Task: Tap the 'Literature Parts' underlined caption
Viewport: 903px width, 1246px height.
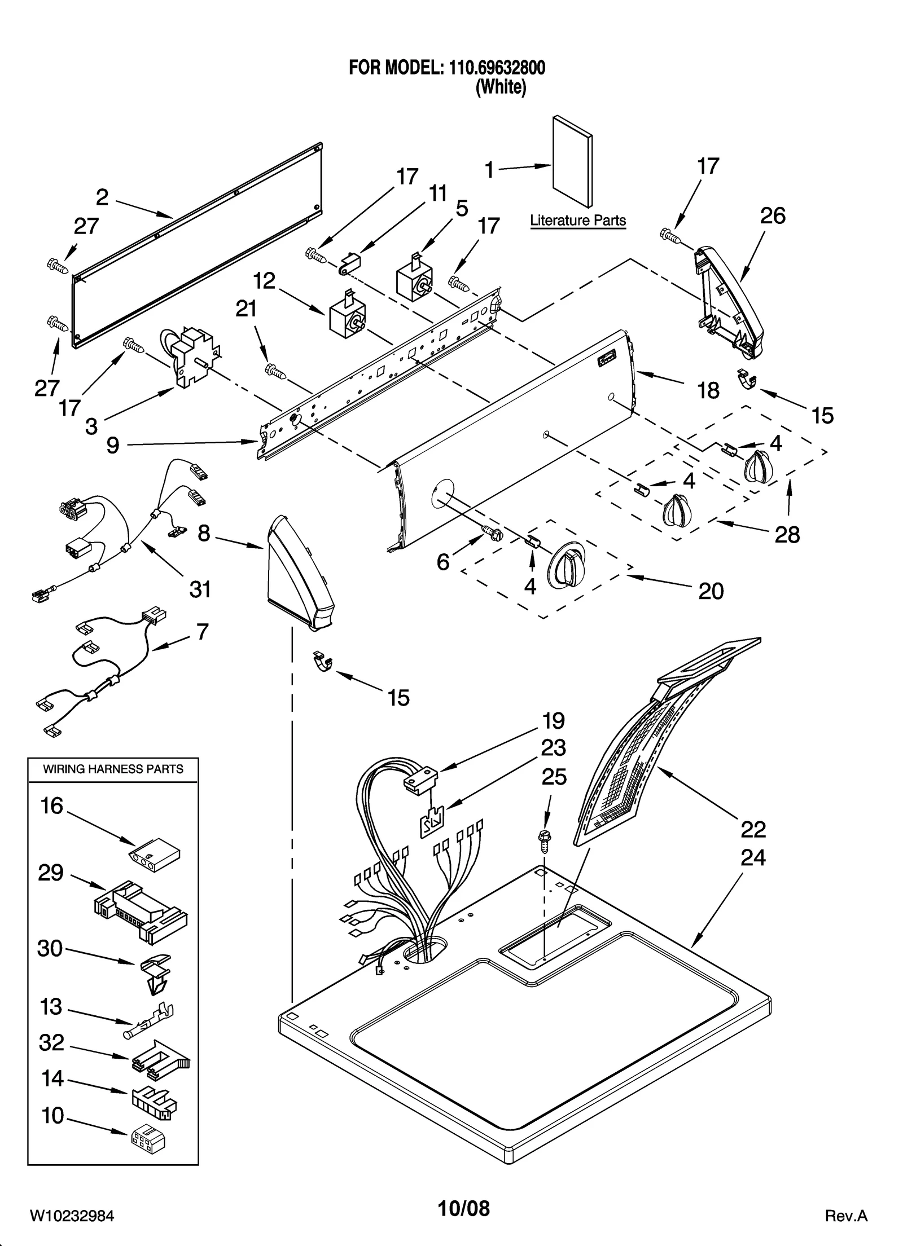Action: click(578, 221)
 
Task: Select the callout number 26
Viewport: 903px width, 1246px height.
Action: click(772, 216)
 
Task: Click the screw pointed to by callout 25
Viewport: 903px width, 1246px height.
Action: click(545, 839)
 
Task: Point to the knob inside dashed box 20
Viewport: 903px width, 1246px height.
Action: click(568, 565)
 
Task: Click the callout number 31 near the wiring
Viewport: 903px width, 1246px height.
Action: click(200, 589)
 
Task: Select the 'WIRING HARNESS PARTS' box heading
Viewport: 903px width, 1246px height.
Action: click(113, 769)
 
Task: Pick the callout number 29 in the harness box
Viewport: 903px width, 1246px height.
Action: click(51, 873)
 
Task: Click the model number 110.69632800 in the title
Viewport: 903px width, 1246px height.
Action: click(497, 68)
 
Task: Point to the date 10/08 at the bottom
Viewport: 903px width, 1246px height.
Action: click(464, 1208)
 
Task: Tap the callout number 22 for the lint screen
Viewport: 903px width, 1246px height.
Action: click(753, 829)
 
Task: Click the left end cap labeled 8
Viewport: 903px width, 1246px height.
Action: click(297, 573)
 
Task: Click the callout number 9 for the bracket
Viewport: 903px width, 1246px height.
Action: click(113, 445)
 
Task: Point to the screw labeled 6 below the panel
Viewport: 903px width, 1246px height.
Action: click(493, 532)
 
